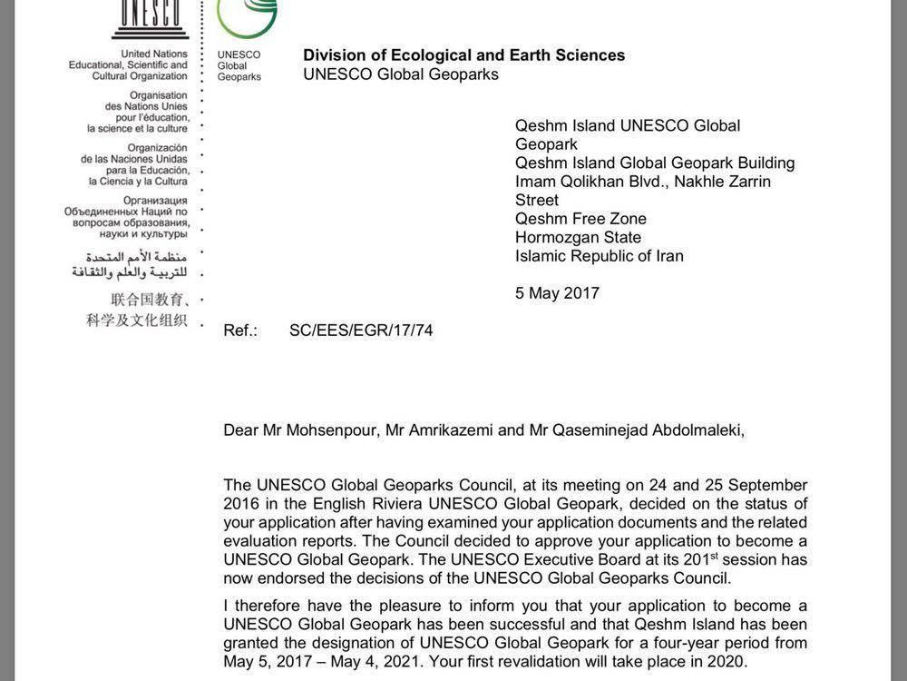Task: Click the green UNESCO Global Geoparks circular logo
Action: coord(247,15)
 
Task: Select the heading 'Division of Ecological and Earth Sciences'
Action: coord(463,55)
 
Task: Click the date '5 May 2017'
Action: coord(557,293)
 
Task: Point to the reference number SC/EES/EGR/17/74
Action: coord(361,331)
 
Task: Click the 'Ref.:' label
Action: coord(240,331)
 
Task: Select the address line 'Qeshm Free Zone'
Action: coord(580,219)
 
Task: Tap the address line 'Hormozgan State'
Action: coord(578,238)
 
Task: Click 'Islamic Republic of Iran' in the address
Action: coord(599,256)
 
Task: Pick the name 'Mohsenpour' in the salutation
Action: coord(334,430)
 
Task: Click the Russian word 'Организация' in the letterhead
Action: coord(156,201)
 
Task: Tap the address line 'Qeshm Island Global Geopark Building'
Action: coord(655,163)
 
